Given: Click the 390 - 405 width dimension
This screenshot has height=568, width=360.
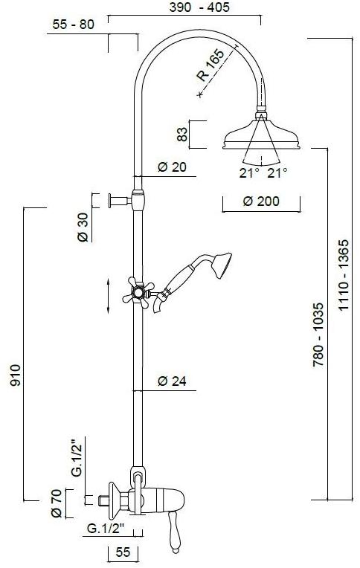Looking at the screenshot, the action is [x=199, y=7].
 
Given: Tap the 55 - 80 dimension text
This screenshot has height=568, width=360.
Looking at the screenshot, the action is [x=73, y=25].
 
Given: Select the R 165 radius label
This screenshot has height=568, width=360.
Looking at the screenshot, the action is [x=210, y=65].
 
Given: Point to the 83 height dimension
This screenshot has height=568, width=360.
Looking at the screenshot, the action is [x=184, y=134].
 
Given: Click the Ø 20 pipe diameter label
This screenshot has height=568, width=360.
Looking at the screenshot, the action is [x=173, y=167].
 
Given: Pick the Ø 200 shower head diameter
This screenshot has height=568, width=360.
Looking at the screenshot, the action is [x=261, y=201].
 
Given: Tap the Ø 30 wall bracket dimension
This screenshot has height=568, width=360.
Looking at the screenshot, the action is [x=83, y=227].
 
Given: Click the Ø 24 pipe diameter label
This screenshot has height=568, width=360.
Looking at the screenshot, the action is [x=173, y=381].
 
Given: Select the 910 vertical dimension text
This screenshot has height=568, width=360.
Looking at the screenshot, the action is [x=16, y=375].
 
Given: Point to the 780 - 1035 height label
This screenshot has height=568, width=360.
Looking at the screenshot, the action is [x=318, y=335].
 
